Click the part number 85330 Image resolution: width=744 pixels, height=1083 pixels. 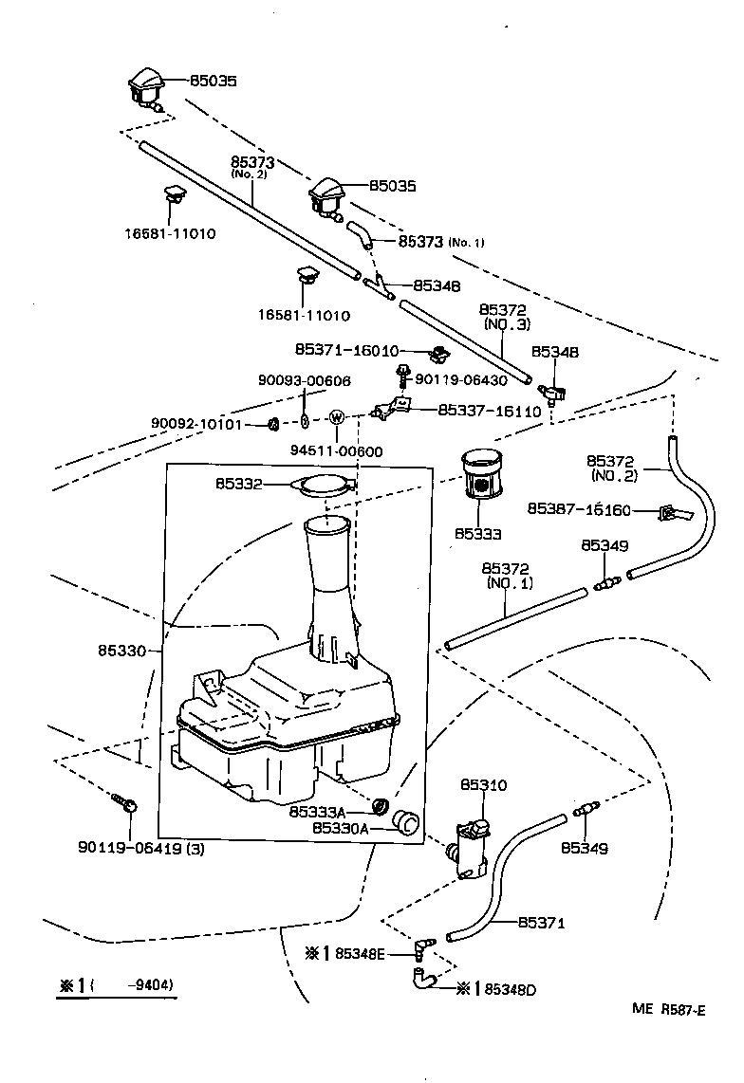121,651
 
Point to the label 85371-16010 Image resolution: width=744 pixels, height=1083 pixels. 347,350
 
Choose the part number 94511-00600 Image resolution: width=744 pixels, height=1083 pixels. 336,451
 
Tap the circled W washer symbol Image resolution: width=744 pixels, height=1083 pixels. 337,417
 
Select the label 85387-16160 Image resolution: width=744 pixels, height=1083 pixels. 579,509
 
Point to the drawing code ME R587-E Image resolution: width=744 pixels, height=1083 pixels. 669,1009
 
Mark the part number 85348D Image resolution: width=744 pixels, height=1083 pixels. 511,990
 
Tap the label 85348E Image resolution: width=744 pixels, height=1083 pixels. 360,954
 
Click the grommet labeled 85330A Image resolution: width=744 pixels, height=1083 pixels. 406,822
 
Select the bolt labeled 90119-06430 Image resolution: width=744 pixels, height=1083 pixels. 400,376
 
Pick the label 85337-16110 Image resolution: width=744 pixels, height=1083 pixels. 490,411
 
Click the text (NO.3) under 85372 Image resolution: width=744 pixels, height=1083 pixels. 509,324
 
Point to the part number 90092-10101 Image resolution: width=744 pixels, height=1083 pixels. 196,423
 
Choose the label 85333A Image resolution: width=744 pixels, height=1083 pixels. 317,812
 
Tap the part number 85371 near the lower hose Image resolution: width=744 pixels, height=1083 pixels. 542,922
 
